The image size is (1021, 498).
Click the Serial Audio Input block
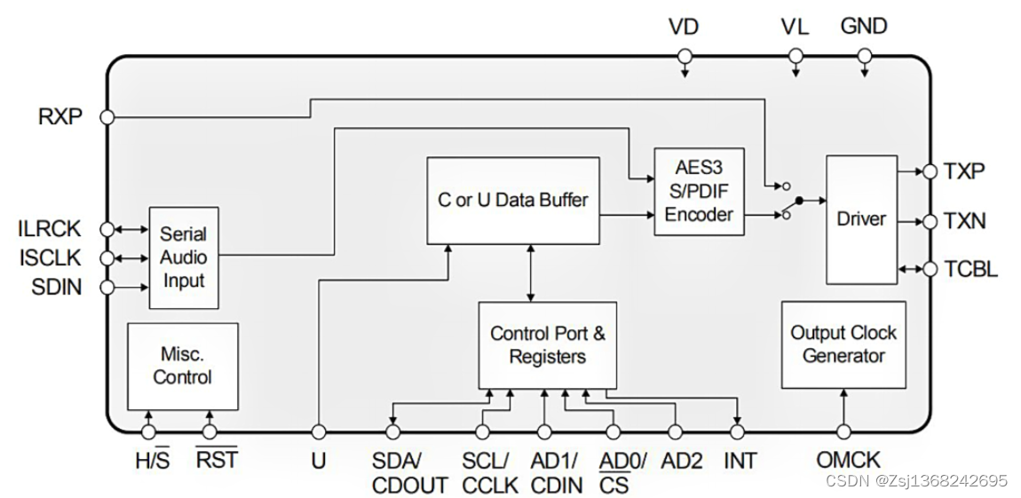click(x=183, y=257)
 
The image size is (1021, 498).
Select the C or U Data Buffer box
click(x=512, y=201)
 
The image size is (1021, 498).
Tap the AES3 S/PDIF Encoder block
click(x=699, y=191)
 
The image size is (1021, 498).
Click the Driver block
click(x=861, y=219)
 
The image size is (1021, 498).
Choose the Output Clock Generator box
click(x=843, y=344)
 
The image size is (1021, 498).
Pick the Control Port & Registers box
click(x=548, y=345)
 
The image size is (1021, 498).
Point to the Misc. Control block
click(x=182, y=366)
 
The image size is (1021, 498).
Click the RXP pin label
click(x=60, y=116)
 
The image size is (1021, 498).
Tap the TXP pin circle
click(x=929, y=170)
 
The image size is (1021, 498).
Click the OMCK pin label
click(x=848, y=460)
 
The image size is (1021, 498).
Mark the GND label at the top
click(x=864, y=27)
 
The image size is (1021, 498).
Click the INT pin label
click(x=740, y=460)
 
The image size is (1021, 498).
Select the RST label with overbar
click(x=216, y=460)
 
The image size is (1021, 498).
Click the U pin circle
click(x=318, y=432)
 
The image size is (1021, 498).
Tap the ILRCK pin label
click(x=49, y=229)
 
